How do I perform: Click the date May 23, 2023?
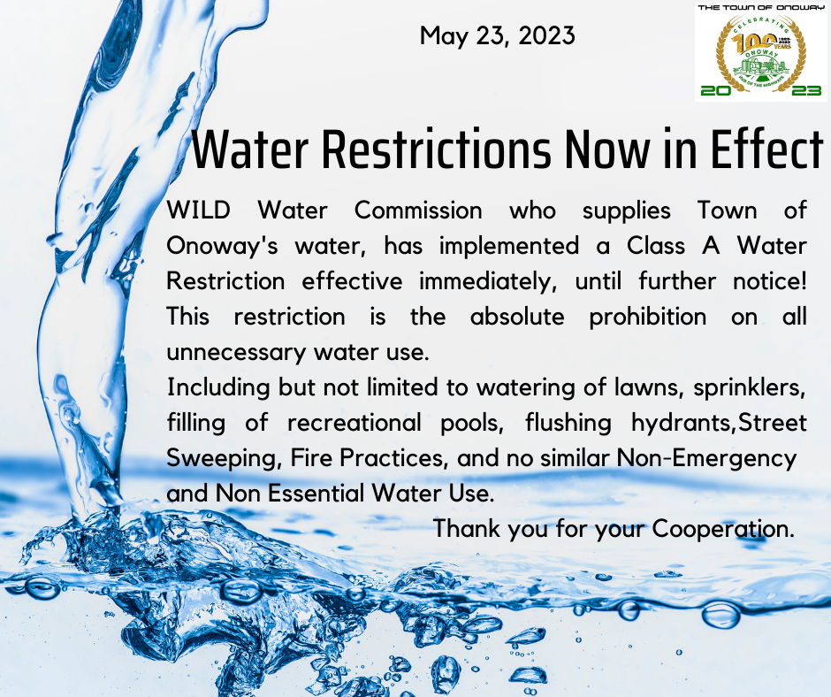coord(497,36)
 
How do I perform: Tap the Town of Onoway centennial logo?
coord(761,51)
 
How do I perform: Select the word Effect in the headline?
coord(766,149)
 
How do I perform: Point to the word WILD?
coord(198,210)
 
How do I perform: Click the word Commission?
coord(418,210)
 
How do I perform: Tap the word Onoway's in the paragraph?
coord(222,247)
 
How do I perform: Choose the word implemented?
coord(509,247)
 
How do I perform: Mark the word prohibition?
coord(648,318)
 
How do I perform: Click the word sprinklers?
coord(749,387)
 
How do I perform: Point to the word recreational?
coord(354,423)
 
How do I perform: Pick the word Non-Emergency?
coord(707,459)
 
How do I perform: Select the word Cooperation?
coord(723,529)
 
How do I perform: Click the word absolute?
coord(517,317)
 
